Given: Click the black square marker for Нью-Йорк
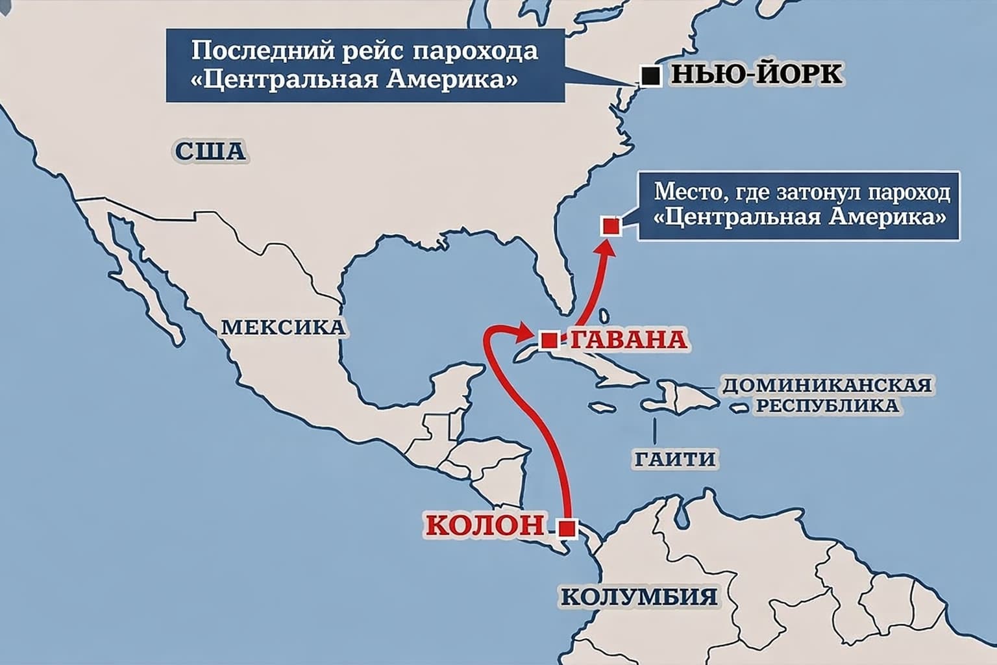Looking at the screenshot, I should pos(650,76).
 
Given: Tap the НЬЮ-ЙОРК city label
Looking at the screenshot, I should pos(756,74).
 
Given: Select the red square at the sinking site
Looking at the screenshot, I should pos(611,226).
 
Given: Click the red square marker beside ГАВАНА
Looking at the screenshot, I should pos(549,340).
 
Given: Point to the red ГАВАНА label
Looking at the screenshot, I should pos(628,339).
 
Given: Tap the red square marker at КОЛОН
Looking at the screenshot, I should pos(567,527).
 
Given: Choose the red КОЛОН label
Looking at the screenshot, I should pos(484,524).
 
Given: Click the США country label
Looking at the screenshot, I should pos(210,151).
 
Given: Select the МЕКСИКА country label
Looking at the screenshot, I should pos(283,327).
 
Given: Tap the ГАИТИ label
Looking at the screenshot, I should pos(675,458).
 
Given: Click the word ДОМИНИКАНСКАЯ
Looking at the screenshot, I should pos(827,384).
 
